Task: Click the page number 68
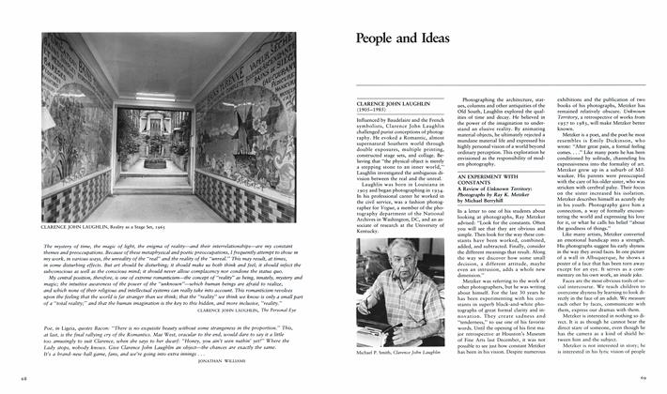22,377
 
